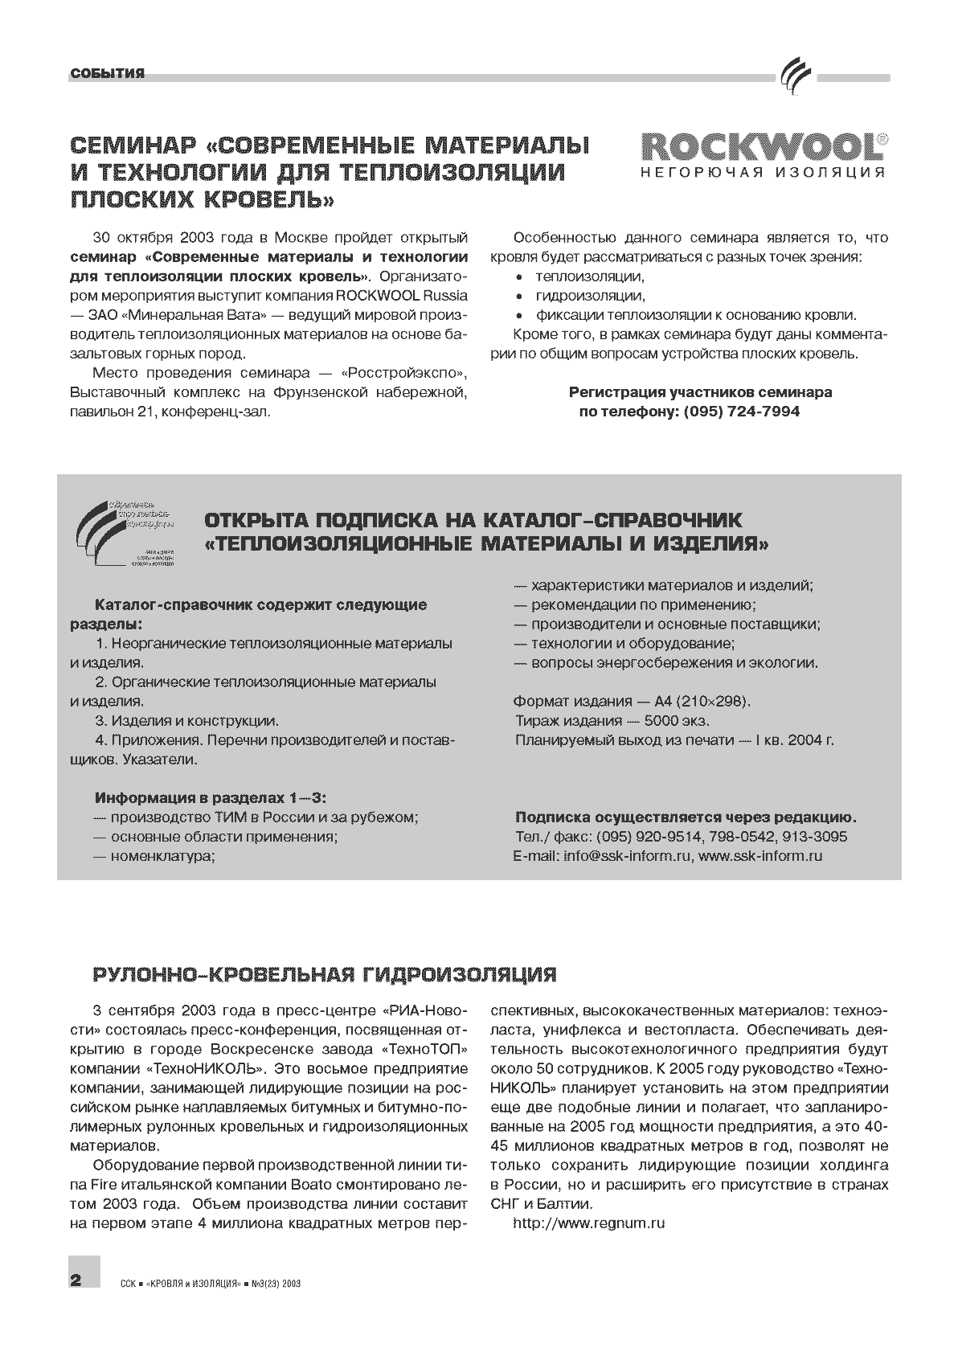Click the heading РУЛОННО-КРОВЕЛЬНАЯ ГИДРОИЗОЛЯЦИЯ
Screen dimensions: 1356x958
[325, 975]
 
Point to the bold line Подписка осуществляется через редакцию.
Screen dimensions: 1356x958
[686, 817]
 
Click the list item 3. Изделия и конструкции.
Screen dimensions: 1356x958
[186, 721]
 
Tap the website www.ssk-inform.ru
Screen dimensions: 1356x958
[760, 856]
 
